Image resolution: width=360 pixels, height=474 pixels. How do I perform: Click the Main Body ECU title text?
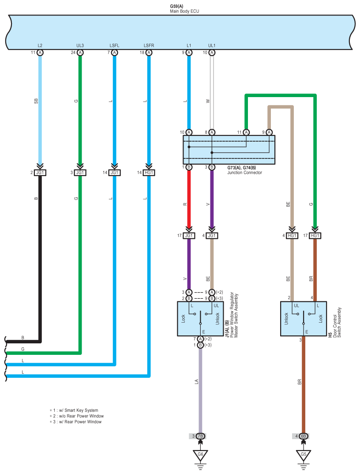point(184,11)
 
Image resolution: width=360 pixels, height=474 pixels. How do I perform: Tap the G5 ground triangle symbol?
point(304,455)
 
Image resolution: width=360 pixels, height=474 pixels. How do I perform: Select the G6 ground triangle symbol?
point(200,455)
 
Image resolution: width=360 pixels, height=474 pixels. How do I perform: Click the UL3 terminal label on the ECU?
point(80,45)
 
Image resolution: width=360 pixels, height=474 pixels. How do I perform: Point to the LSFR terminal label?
point(149,45)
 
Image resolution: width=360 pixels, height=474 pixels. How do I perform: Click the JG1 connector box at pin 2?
point(40,173)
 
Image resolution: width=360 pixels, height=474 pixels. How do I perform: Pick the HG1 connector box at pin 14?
point(149,173)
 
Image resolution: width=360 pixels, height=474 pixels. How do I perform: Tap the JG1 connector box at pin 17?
point(189,236)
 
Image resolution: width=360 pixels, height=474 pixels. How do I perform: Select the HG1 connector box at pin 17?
point(315,236)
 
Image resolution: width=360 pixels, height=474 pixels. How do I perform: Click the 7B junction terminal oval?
point(200,436)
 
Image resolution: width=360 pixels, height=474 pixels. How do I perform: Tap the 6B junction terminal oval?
point(304,436)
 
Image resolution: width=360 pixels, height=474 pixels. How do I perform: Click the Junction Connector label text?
point(244,173)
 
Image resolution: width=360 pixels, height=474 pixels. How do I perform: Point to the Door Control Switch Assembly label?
point(337,323)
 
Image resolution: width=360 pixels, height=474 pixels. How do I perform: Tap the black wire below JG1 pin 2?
point(40,259)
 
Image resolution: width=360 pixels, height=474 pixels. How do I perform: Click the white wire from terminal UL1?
point(212,93)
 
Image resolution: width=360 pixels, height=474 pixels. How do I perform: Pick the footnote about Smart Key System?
point(74,410)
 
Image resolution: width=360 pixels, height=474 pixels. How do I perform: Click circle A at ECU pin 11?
point(40,53)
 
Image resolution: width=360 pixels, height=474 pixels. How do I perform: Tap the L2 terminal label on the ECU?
point(40,45)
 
